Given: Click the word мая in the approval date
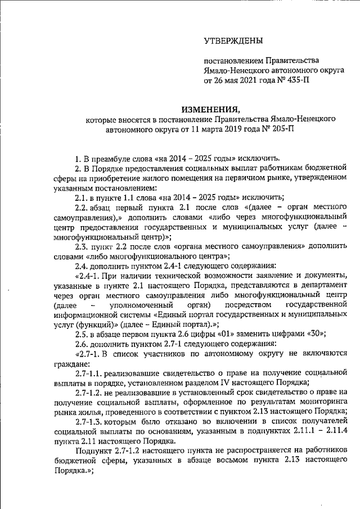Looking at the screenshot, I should pyautogui.click(x=231, y=80).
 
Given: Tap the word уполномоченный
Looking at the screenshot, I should pyautogui.click(x=130, y=304).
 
